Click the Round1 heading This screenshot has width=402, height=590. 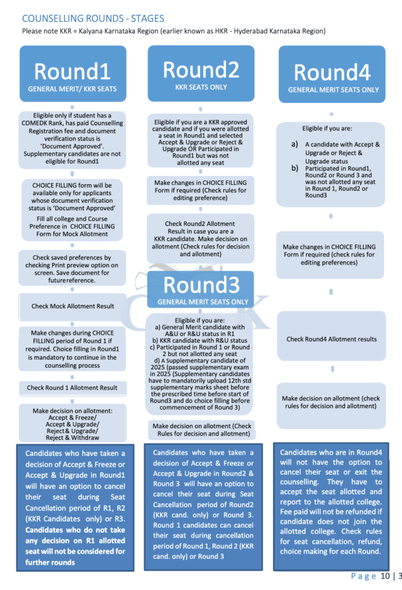(x=72, y=72)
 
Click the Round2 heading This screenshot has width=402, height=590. (x=201, y=69)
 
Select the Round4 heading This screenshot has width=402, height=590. (x=332, y=73)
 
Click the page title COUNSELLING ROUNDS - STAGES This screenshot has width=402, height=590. (x=93, y=18)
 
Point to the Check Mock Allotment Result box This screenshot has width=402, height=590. (x=72, y=306)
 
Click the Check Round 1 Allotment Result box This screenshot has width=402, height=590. (x=72, y=388)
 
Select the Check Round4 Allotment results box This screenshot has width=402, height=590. (x=332, y=339)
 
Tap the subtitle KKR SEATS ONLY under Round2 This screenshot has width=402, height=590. (x=201, y=87)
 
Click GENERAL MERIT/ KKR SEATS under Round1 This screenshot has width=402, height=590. (x=72, y=89)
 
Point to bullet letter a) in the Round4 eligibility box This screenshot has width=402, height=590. (x=294, y=145)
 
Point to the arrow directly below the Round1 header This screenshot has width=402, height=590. (x=72, y=107)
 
